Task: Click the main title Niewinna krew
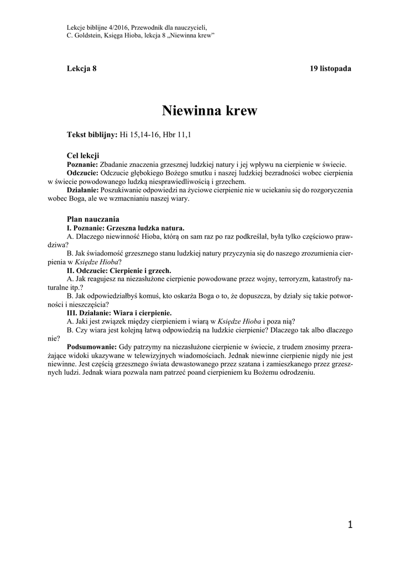pos(210,111)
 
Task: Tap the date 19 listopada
pos(331,68)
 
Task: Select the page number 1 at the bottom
pos(350,525)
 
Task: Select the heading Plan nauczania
pos(93,219)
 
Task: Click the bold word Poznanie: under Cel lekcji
pos(82,164)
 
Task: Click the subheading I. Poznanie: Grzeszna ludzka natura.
pos(126,228)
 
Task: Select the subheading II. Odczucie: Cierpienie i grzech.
pos(119,271)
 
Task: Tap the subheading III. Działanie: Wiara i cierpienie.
pos(119,313)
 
